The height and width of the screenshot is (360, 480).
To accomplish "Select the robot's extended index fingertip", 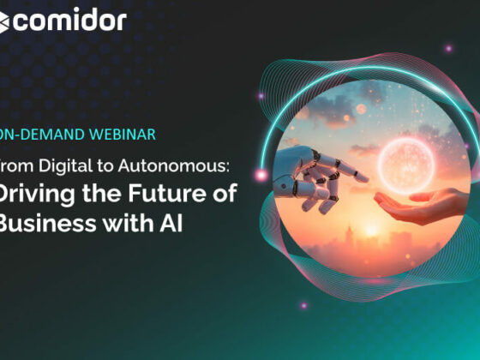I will [x=363, y=179].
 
